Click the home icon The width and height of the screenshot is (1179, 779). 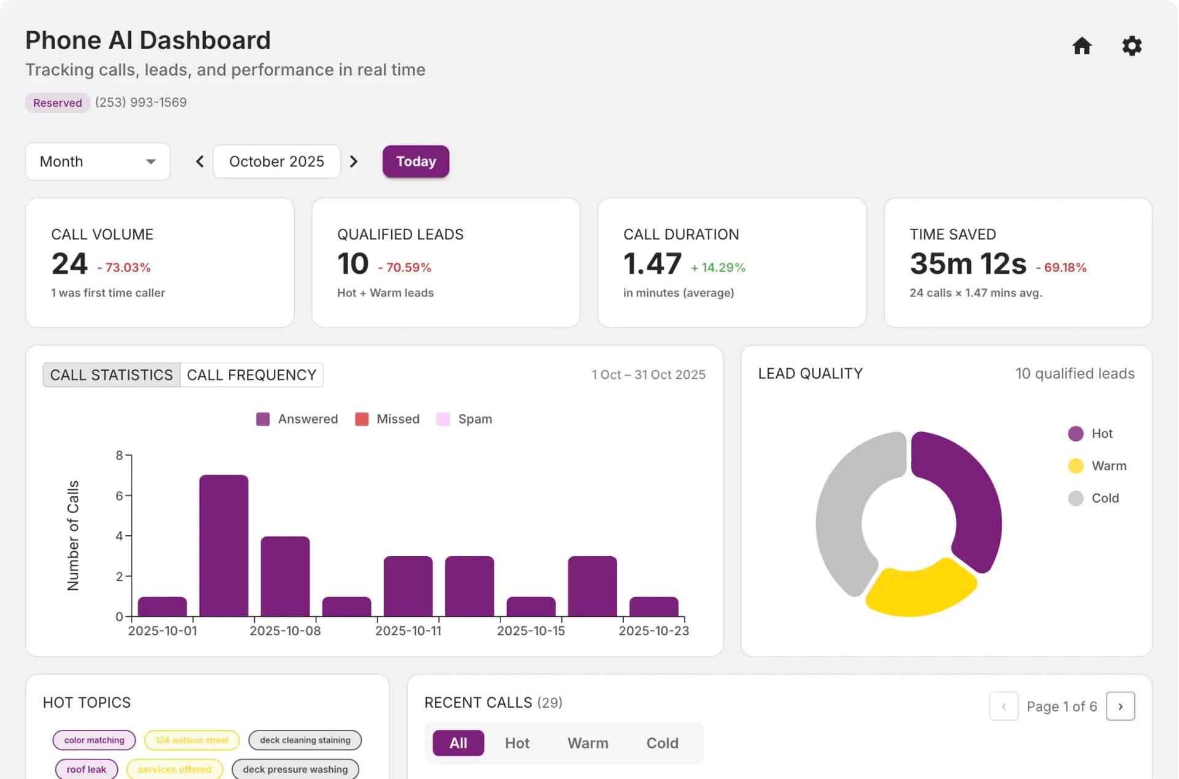pos(1081,46)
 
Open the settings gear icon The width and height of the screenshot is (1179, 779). pos(1131,46)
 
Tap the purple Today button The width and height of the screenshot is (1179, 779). pos(416,161)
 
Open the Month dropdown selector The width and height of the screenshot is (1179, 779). pos(98,161)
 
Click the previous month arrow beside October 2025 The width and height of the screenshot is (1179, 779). pos(200,161)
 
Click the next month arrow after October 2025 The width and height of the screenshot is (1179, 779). pos(354,161)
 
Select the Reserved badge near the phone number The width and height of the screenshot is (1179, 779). pos(58,103)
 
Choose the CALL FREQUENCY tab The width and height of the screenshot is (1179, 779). pos(252,375)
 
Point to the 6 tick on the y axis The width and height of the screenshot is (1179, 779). pos(119,496)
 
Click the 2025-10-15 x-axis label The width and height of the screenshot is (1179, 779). pos(531,631)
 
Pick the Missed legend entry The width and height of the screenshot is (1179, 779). pos(387,419)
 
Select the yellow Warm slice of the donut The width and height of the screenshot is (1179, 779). pos(919,590)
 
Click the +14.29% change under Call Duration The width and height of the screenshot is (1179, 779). pos(717,268)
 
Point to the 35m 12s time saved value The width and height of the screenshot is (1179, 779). pos(968,264)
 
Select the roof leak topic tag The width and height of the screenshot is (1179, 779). pos(86,769)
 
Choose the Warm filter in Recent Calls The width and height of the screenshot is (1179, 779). pos(588,743)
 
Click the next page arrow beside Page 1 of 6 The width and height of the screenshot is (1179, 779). pos(1120,707)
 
